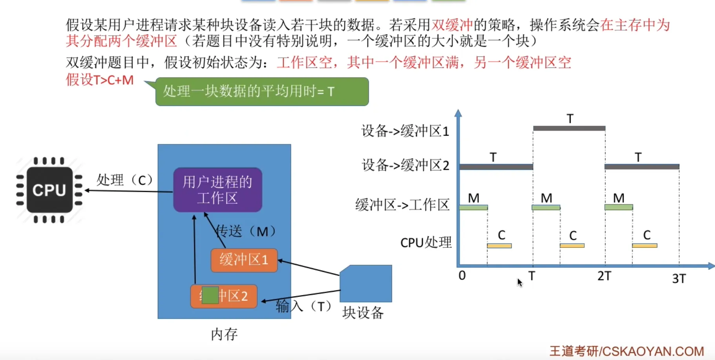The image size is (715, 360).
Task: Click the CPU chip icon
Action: pos(49,190)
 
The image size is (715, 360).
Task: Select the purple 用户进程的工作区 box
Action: pos(217,190)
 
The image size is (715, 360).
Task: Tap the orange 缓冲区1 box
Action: pos(244,260)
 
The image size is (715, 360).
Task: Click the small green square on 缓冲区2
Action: pos(210,295)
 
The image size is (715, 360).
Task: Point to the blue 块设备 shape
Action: pos(366,284)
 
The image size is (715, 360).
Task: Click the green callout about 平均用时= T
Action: pos(262,92)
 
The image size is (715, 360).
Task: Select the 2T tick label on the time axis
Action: pos(604,276)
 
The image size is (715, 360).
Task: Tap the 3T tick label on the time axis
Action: pos(679,278)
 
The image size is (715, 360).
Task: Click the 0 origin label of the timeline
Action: pos(462,276)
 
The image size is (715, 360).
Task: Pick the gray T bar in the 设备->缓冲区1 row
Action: pos(569,128)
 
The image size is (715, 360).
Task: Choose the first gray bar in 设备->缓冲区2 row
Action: pos(496,167)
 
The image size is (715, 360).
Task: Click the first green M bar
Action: pos(473,207)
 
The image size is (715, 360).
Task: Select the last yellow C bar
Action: pos(644,245)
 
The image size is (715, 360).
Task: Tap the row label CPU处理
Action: pos(426,243)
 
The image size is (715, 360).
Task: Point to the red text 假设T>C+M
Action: pos(100,80)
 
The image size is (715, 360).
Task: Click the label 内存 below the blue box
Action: pos(224,335)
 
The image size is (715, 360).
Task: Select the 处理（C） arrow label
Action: pos(124,180)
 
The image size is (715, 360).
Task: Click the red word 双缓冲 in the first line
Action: pos(452,25)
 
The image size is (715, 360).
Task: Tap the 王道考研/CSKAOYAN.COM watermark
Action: pos(626,351)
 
